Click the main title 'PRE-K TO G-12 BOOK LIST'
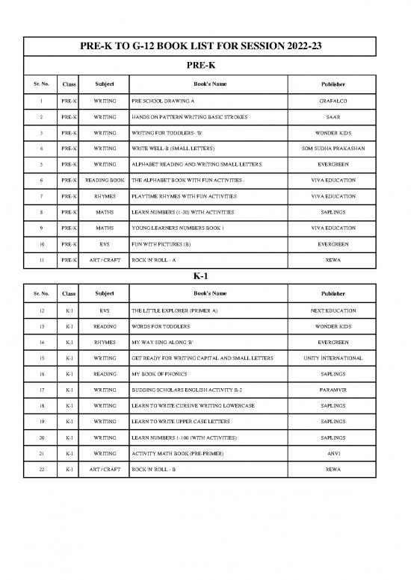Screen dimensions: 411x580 pos(205,47)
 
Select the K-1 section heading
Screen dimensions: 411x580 pos(205,275)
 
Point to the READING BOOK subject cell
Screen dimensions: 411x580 pos(105,181)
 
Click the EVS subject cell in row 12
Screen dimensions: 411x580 pos(105,311)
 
